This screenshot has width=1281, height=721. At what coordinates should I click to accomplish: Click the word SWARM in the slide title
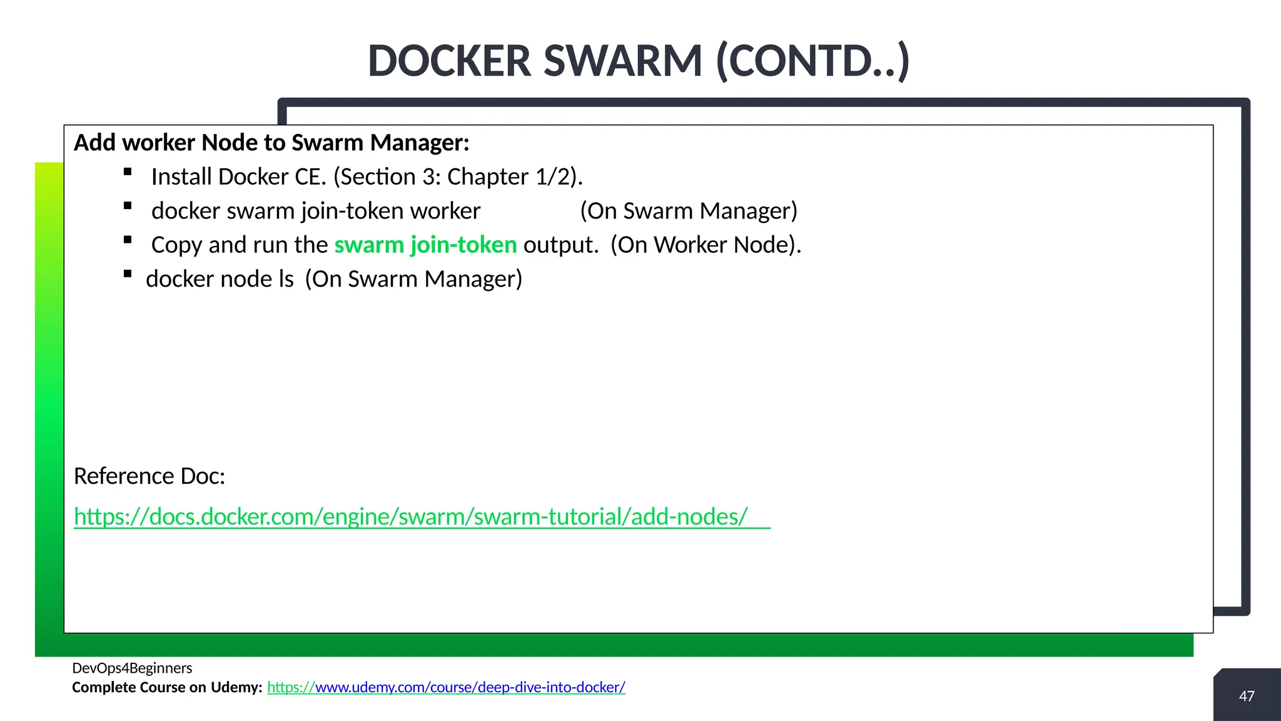click(623, 61)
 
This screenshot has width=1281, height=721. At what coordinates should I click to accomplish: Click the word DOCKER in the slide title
click(450, 61)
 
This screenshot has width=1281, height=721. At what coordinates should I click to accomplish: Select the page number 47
click(1247, 696)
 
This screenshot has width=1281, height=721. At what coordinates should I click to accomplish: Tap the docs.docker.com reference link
click(410, 516)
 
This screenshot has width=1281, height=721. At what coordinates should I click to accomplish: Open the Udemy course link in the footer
click(446, 687)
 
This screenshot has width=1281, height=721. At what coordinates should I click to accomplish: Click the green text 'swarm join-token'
click(425, 245)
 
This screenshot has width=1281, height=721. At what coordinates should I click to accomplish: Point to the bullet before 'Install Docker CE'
click(128, 172)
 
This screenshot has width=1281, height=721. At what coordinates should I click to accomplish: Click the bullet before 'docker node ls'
click(128, 274)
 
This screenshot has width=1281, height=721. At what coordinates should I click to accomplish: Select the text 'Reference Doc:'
click(149, 476)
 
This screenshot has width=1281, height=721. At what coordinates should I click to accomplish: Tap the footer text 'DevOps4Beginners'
click(132, 668)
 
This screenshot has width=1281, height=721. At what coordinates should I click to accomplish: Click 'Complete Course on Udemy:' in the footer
click(167, 687)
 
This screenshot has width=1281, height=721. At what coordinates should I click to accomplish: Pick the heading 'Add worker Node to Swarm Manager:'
click(271, 143)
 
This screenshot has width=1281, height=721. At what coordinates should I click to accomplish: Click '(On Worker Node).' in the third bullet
click(706, 245)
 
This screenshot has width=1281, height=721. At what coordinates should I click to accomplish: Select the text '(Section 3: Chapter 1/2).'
click(458, 177)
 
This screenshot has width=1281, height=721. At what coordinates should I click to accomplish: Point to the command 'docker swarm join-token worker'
click(316, 211)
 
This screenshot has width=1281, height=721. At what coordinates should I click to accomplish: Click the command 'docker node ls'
click(220, 279)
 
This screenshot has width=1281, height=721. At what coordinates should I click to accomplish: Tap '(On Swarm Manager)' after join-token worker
click(689, 211)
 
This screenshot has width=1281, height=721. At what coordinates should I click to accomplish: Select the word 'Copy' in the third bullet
click(176, 245)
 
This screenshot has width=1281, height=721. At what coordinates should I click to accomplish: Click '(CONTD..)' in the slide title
click(812, 61)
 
